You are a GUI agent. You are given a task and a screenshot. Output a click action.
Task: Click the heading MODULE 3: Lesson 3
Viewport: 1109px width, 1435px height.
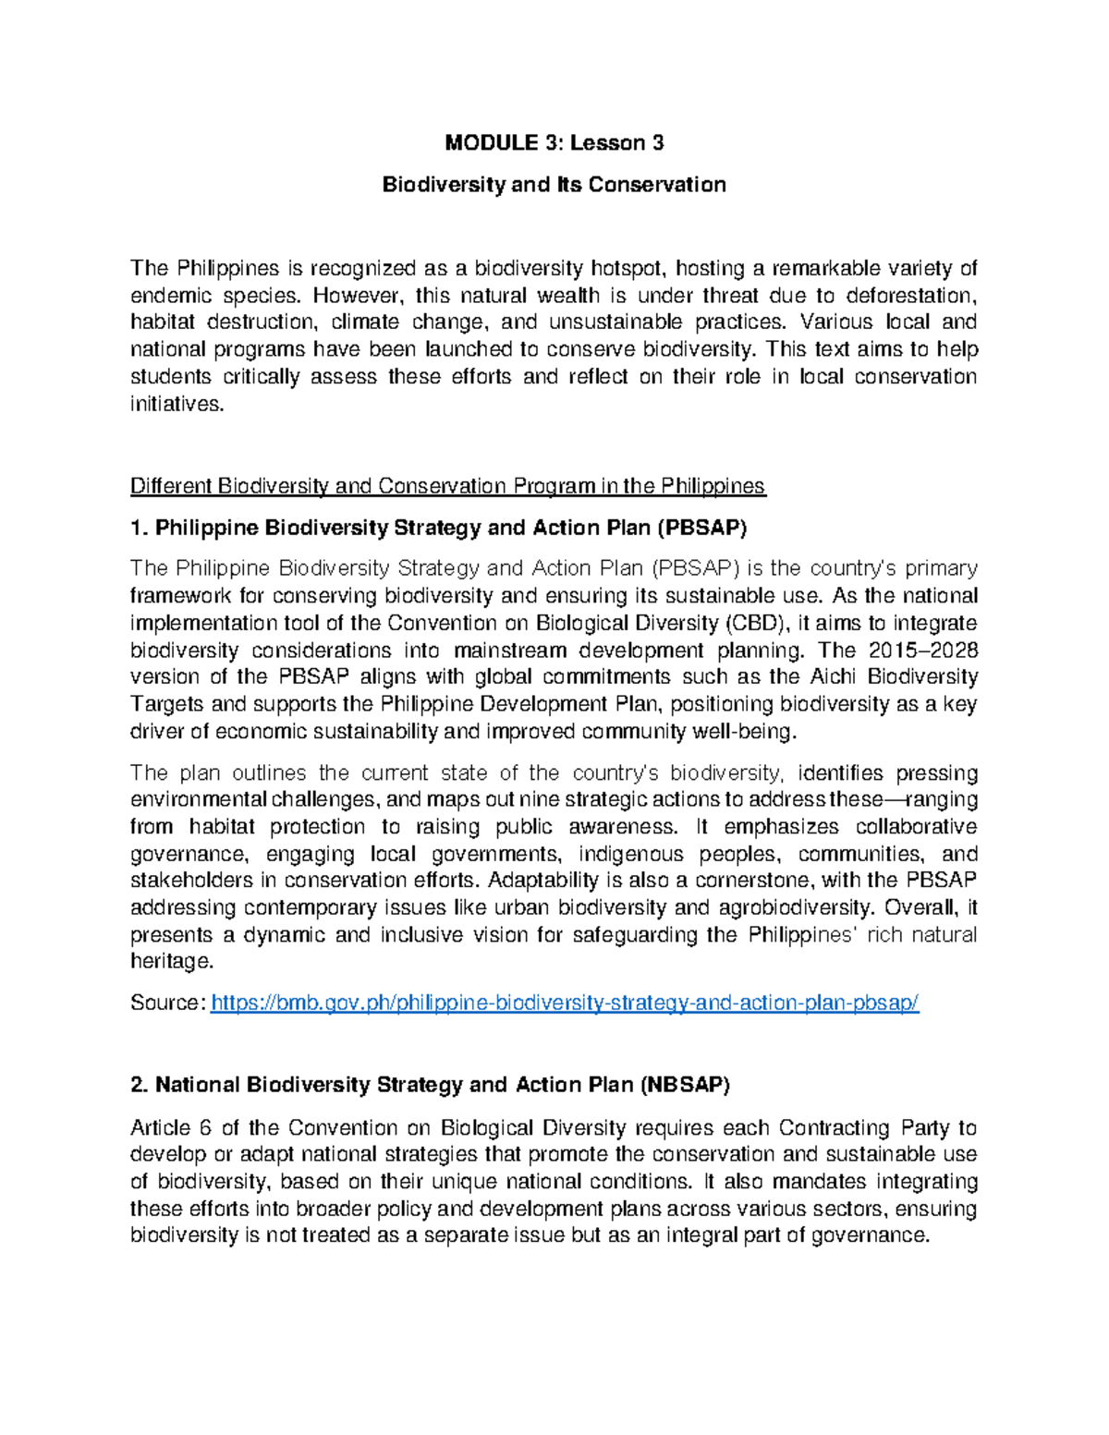(x=554, y=142)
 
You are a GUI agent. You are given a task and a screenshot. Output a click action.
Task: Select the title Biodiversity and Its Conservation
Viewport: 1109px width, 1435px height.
(x=554, y=185)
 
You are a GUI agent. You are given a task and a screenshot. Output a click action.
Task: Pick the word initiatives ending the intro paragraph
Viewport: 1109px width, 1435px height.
(x=177, y=404)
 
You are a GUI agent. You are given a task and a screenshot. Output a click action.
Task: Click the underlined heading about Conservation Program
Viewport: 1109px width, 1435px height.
(x=448, y=486)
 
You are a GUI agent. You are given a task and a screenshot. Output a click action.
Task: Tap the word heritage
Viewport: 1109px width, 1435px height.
(x=171, y=962)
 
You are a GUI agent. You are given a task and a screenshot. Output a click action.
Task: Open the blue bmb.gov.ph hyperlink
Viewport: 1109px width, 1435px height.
(x=565, y=1003)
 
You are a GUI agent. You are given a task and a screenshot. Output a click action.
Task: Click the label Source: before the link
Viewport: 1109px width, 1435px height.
(x=167, y=1003)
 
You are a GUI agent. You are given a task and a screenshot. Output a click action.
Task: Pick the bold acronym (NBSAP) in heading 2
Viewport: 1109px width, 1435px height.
(x=684, y=1086)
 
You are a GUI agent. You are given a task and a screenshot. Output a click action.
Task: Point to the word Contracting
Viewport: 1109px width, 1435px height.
(x=835, y=1128)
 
